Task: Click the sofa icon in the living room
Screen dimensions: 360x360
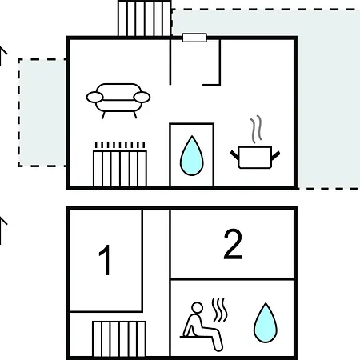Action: click(x=118, y=101)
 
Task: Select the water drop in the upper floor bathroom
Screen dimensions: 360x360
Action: click(x=192, y=156)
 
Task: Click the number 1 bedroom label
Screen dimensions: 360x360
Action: click(x=105, y=260)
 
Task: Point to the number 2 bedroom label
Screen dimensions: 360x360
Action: click(x=233, y=244)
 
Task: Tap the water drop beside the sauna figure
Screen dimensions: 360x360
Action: click(x=266, y=322)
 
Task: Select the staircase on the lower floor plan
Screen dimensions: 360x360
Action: click(x=119, y=338)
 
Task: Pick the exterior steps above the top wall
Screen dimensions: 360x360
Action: click(x=145, y=18)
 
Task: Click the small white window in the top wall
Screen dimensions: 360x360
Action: click(x=194, y=38)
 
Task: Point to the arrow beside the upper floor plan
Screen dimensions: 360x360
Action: click(x=2, y=56)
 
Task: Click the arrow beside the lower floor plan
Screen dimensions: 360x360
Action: click(x=2, y=230)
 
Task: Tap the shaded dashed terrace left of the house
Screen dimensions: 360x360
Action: click(x=42, y=113)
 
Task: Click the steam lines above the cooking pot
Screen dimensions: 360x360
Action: click(x=256, y=129)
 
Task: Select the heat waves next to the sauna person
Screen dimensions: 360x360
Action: click(x=220, y=310)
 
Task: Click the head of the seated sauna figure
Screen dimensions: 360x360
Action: click(x=198, y=307)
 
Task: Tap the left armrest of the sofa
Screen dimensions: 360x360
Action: click(x=94, y=97)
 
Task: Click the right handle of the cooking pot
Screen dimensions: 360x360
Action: click(x=275, y=155)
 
